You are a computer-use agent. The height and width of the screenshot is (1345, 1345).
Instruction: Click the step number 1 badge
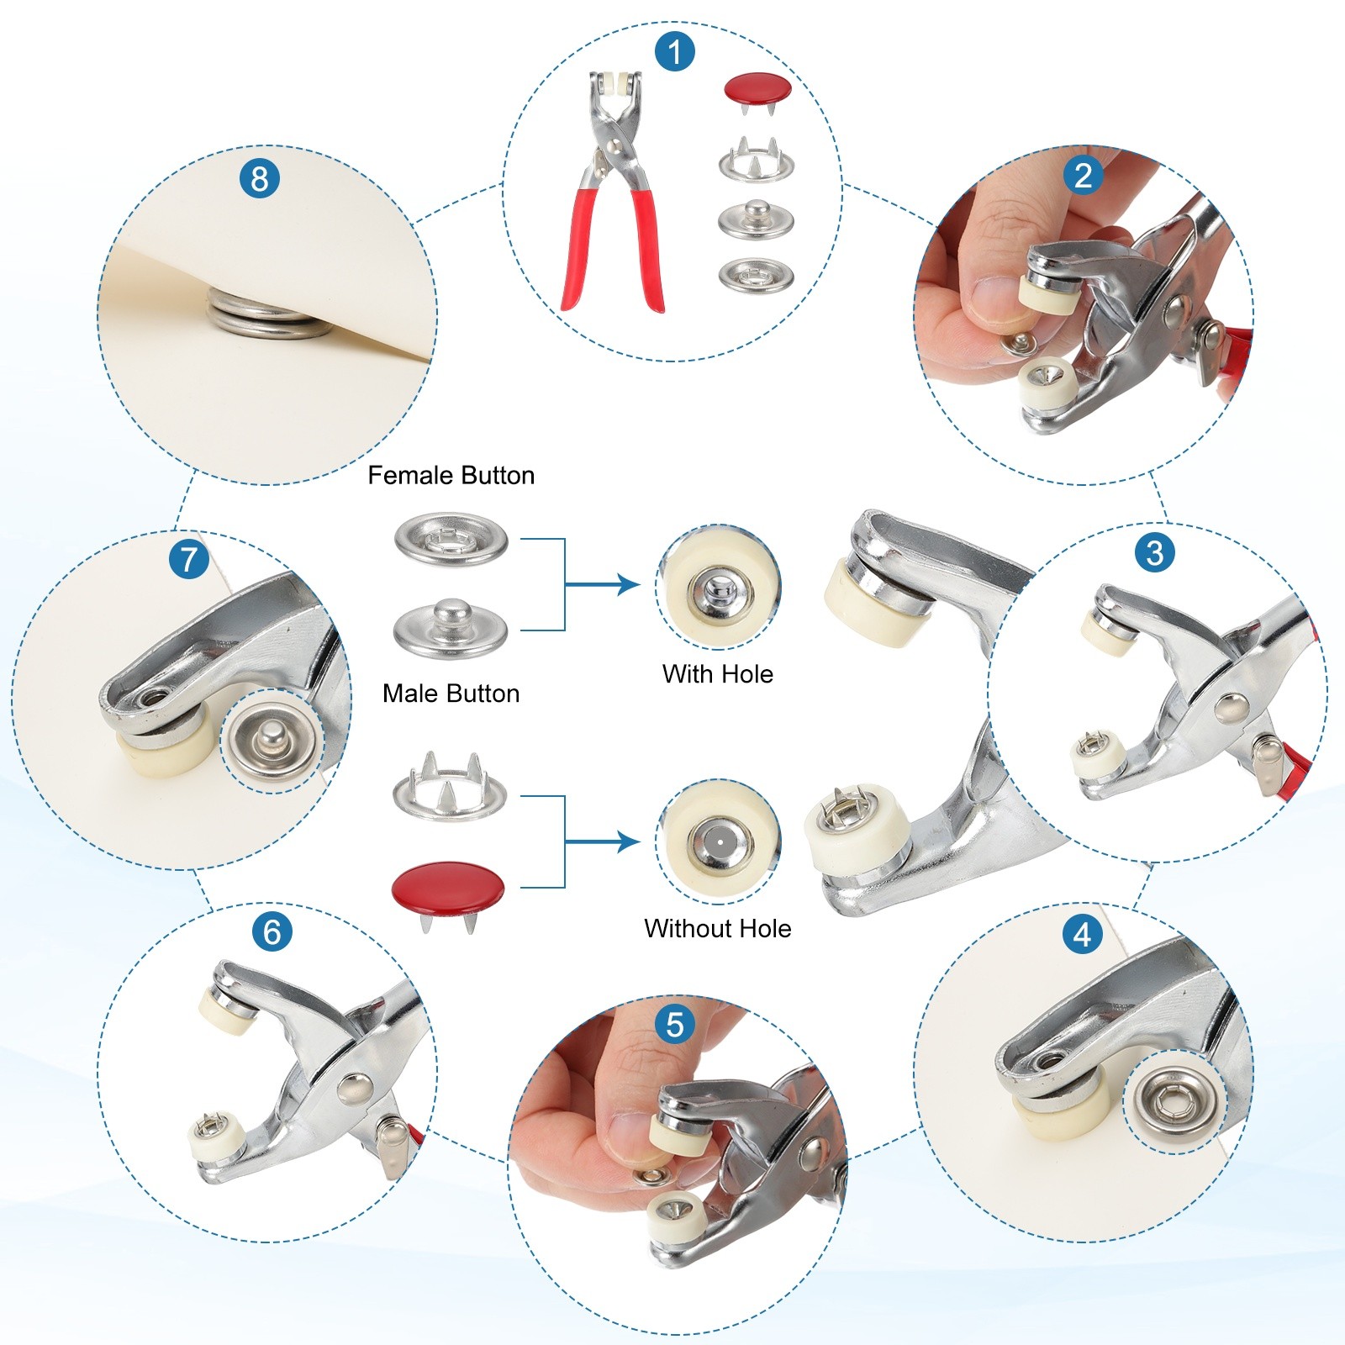click(674, 52)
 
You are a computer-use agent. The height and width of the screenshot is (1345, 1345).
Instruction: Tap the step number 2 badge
click(1083, 175)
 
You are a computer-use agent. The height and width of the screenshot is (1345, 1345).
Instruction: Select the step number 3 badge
click(1155, 552)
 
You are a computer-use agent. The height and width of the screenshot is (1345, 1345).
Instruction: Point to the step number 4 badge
click(1083, 934)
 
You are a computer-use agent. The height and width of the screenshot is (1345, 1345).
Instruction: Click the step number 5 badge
click(674, 1025)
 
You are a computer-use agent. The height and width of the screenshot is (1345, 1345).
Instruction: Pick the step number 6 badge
click(272, 931)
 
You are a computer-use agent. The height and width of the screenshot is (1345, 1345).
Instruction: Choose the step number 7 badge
click(188, 559)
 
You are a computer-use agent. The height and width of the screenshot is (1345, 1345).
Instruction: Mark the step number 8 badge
click(259, 178)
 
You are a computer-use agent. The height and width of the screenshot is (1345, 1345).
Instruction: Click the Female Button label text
click(451, 476)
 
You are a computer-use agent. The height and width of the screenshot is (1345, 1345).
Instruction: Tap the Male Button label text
click(451, 694)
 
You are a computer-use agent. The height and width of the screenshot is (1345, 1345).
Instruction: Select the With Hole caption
click(718, 674)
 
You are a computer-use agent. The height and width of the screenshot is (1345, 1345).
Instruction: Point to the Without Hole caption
click(718, 929)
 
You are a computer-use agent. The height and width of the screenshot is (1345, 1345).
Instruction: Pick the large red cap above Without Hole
click(449, 888)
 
